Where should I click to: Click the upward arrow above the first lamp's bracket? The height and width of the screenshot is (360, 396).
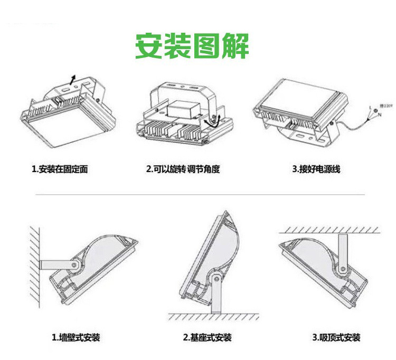click(73, 80)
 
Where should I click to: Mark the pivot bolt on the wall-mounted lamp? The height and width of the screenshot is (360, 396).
click(74, 264)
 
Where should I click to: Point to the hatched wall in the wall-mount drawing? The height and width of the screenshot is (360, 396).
click(34, 264)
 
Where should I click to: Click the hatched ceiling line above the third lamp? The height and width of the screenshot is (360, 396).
click(330, 230)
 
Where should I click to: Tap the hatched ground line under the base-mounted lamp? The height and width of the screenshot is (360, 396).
click(214, 317)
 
